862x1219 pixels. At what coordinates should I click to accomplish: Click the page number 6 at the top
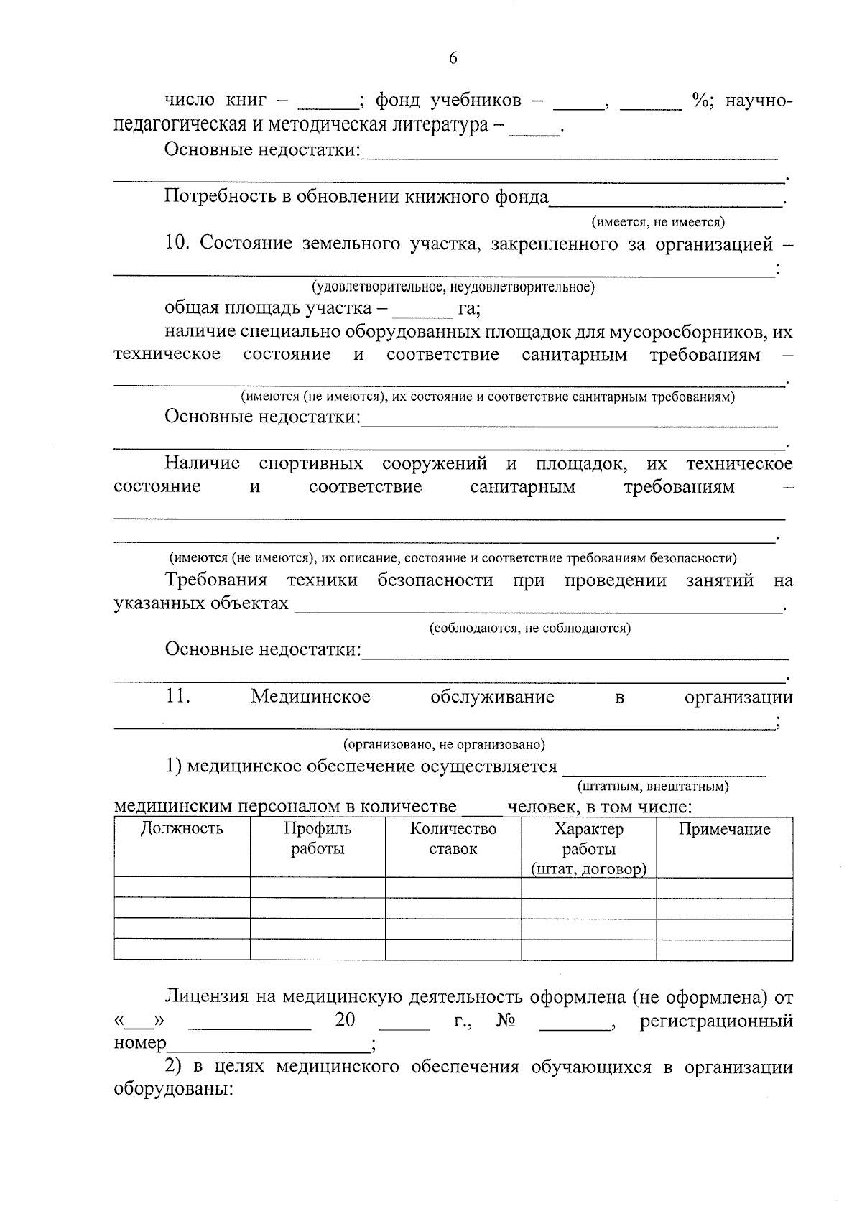point(453,58)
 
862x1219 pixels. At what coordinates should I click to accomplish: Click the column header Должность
point(182,828)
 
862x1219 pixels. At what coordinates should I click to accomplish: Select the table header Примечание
point(724,829)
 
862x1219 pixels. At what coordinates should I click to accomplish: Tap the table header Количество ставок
point(453,838)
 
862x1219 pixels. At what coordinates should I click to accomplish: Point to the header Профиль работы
point(318,838)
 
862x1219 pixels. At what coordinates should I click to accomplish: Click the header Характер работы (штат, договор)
point(588,848)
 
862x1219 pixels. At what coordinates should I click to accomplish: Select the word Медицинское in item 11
point(310,696)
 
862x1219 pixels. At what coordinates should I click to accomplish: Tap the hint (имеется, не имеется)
point(657,222)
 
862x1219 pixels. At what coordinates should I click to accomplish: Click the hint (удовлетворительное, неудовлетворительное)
point(453,287)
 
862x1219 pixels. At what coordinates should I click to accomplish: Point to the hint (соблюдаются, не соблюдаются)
point(529,628)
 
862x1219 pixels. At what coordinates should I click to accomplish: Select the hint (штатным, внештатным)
point(652,786)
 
